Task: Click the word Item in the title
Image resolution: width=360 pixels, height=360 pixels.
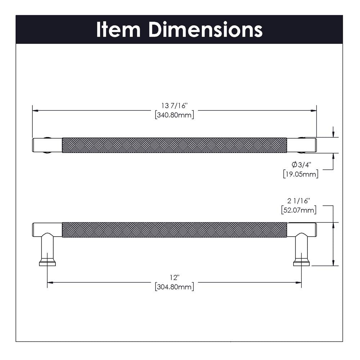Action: coord(118,29)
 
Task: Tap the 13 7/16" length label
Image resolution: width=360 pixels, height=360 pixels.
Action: coord(175,106)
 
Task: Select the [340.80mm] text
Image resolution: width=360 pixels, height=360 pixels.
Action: coord(175,115)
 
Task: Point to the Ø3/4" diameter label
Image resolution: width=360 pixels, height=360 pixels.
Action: coord(301,165)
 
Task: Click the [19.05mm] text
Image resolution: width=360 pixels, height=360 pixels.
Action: coord(301,174)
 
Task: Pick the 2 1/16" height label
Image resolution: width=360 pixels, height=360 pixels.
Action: coord(299,201)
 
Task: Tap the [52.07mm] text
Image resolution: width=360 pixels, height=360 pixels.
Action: coord(299,210)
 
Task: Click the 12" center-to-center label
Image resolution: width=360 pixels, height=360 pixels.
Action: coord(175,278)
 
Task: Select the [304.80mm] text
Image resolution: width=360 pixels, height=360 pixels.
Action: coord(175,287)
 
